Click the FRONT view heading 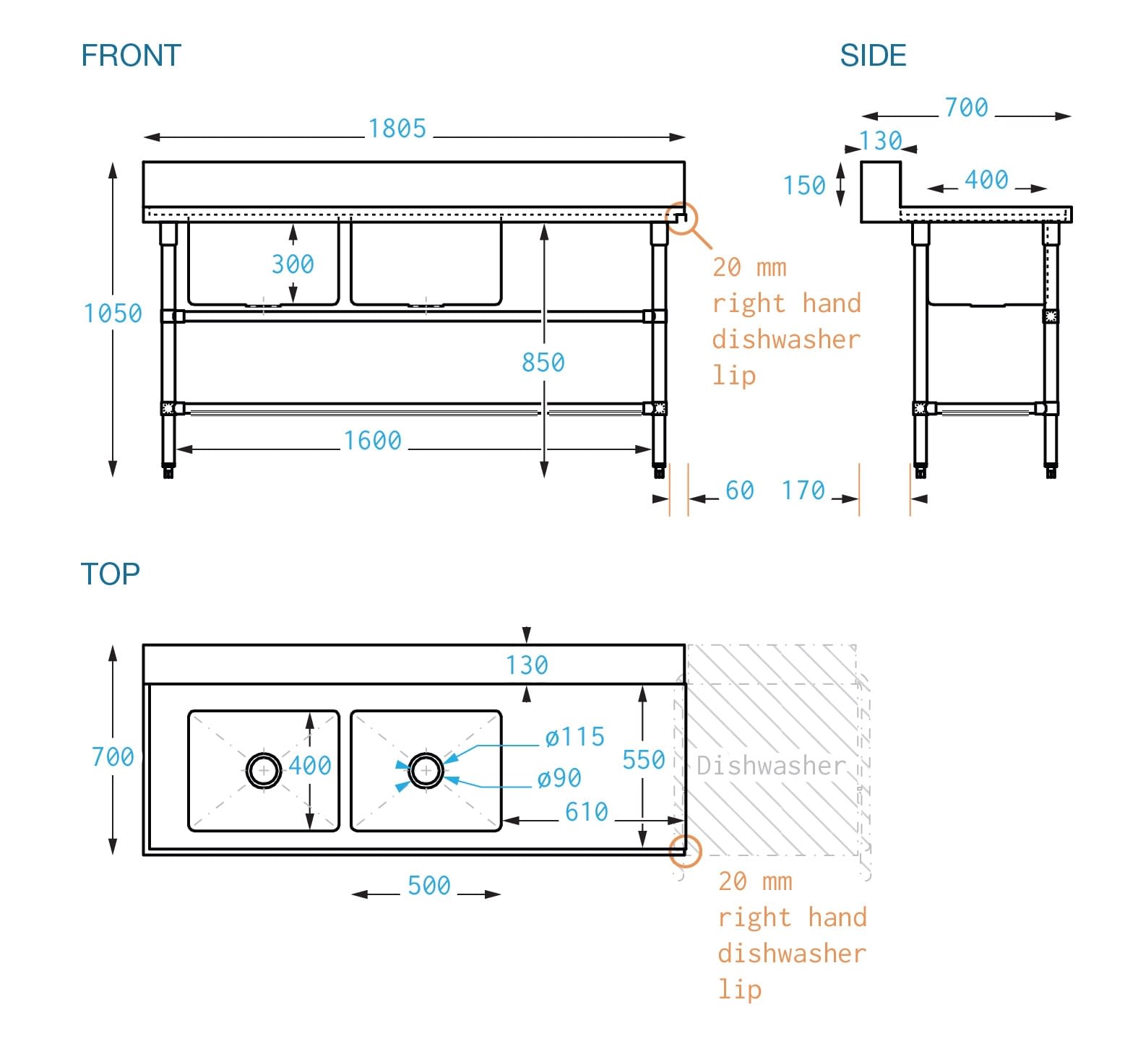(x=131, y=56)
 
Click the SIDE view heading (x=873, y=56)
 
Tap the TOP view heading (x=110, y=574)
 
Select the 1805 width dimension (x=397, y=129)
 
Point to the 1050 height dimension (x=113, y=314)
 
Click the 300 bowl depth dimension (x=293, y=264)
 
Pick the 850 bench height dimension (x=543, y=362)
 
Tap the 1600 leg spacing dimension (x=372, y=441)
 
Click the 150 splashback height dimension (x=804, y=186)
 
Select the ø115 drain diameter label (x=575, y=737)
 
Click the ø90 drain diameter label (x=559, y=778)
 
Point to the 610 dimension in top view (x=587, y=812)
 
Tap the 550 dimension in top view (x=644, y=760)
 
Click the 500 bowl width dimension (x=429, y=886)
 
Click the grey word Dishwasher (x=771, y=766)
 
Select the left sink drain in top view (x=264, y=771)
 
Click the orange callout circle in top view (x=685, y=850)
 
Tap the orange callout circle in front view (x=681, y=217)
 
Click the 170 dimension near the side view (x=803, y=491)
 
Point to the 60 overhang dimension (x=739, y=491)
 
